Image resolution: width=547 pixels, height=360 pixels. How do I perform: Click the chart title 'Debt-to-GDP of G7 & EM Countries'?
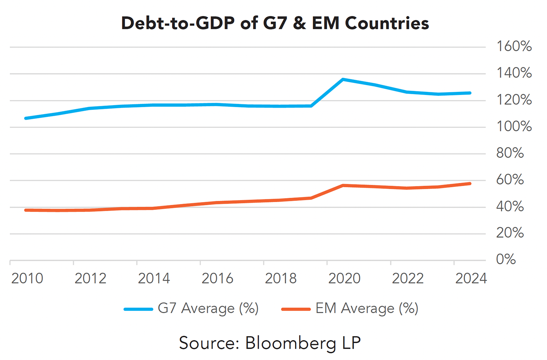275,23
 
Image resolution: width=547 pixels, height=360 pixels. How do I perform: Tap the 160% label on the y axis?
513,46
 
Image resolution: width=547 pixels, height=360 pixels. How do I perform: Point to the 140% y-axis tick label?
513,73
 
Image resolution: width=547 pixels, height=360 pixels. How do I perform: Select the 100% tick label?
513,126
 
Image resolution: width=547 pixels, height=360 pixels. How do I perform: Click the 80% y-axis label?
509,153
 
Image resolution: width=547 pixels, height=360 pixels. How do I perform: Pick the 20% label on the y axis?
509,233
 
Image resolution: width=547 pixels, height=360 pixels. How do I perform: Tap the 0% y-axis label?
506,259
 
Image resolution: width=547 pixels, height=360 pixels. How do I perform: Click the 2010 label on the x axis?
27,278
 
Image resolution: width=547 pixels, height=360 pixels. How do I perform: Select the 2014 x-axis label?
154,278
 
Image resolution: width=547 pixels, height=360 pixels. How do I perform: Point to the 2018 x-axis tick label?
281,278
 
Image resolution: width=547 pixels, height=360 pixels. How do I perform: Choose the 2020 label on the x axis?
344,278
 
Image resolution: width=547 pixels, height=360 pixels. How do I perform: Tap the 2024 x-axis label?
471,278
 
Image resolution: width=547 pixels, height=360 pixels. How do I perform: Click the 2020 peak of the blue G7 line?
343,79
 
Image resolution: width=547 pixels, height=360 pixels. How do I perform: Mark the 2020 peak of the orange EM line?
343,185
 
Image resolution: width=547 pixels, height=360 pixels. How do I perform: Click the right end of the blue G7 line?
470,93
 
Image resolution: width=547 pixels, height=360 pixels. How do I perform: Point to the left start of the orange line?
26,210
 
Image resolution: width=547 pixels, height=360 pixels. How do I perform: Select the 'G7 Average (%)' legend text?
208,308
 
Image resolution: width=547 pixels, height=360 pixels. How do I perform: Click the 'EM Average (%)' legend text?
366,308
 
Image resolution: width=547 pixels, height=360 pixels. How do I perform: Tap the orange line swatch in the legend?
296,309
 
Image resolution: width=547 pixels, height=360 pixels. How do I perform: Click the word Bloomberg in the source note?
290,343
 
